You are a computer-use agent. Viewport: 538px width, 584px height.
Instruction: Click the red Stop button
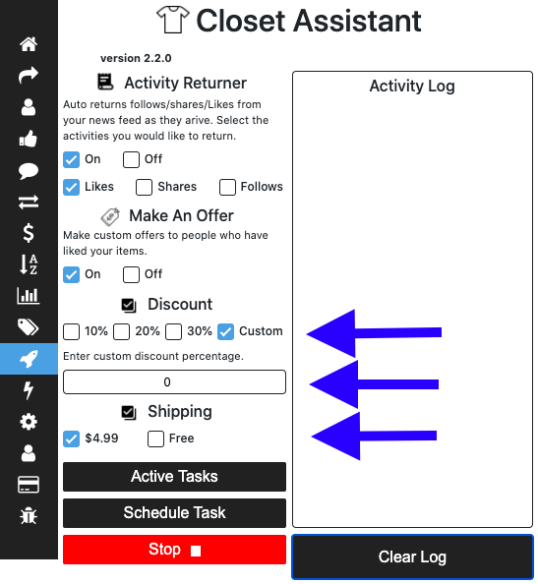tap(174, 550)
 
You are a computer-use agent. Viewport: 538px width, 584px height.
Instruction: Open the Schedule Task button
tap(174, 513)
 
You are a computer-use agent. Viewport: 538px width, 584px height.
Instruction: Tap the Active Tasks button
tap(174, 477)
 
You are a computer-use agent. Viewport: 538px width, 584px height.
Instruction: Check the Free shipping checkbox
tap(155, 438)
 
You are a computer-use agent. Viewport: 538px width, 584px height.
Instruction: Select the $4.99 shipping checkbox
tap(71, 438)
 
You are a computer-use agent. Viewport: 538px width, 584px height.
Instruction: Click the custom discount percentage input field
tap(174, 381)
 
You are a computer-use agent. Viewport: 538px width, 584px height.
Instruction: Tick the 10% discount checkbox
tap(71, 331)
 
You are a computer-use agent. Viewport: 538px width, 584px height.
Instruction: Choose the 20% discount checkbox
tap(121, 331)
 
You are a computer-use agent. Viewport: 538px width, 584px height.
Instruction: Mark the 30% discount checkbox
tap(174, 331)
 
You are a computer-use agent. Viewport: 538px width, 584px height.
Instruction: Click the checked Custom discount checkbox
tap(226, 331)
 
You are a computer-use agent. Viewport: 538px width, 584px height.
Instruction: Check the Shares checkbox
tap(144, 187)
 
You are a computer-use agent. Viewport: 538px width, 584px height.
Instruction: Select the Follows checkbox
tap(227, 187)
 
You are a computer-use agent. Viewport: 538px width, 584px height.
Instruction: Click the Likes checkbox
tap(71, 187)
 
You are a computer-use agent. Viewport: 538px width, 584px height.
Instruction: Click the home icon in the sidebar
tap(29, 44)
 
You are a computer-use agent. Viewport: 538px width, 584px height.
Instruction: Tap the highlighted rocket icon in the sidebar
tap(29, 359)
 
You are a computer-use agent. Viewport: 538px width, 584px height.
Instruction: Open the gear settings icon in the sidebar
tap(29, 422)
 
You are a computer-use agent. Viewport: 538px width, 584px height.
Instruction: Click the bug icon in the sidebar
tap(29, 516)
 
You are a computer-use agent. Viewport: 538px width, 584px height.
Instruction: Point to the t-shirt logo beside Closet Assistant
tap(172, 20)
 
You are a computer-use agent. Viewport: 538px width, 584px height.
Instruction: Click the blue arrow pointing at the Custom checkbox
tap(374, 333)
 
